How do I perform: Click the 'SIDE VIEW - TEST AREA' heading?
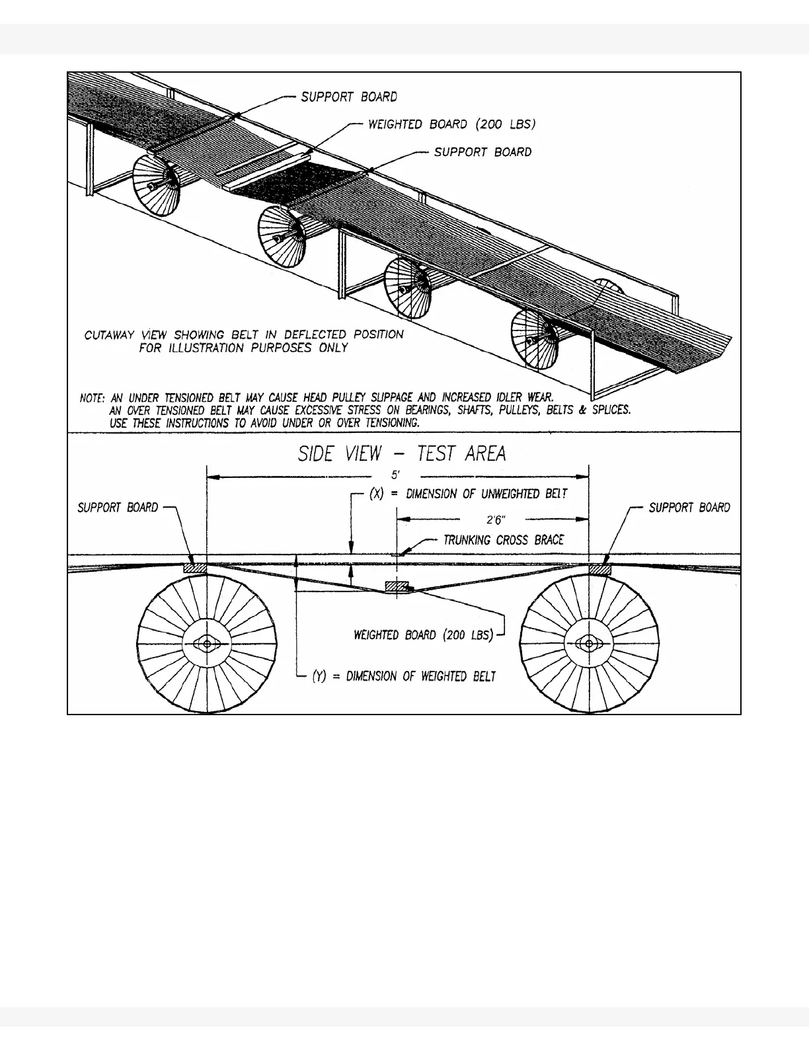(402, 453)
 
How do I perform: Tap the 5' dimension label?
(396, 475)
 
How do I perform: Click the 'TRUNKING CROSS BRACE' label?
(503, 540)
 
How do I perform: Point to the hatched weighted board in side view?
(397, 586)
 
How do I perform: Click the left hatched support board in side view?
(195, 568)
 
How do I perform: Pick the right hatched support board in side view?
(599, 568)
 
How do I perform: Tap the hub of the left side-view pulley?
(208, 643)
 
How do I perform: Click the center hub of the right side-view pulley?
(589, 643)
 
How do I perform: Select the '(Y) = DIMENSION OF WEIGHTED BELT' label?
(404, 676)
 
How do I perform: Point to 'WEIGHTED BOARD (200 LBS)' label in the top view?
(451, 124)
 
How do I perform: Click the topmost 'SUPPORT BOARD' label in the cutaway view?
(349, 97)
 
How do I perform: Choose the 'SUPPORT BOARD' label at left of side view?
(118, 508)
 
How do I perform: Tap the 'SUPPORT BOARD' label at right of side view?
(689, 508)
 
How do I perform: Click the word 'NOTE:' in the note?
(92, 399)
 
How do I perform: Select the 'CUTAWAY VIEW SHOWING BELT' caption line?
(243, 334)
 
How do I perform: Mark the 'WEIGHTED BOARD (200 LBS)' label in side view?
(424, 635)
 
